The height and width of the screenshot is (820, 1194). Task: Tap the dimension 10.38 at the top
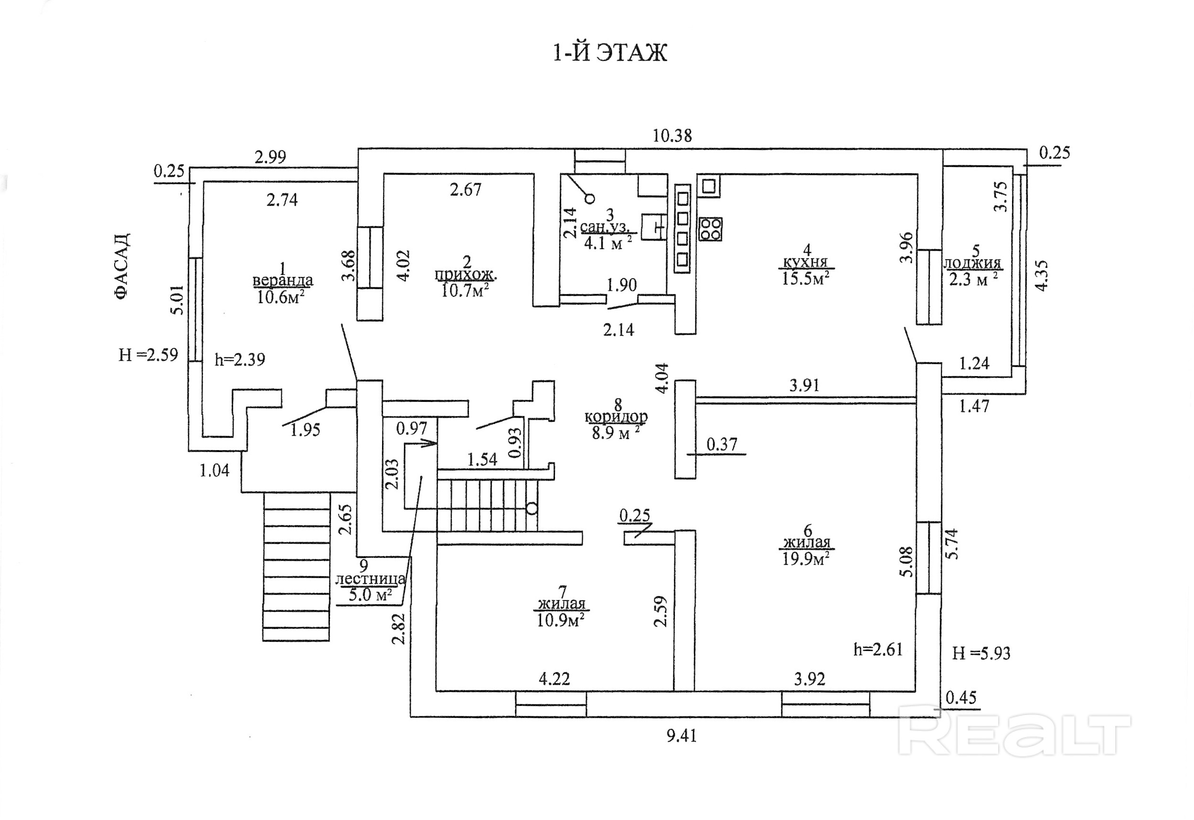pos(672,136)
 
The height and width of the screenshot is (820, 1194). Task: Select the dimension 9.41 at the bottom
pos(682,736)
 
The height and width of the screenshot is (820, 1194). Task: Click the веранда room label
pos(283,281)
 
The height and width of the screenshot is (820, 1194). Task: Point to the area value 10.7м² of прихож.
pos(465,291)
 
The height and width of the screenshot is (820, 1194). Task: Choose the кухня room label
pos(805,263)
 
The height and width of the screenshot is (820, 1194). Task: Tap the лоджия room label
pos(972,263)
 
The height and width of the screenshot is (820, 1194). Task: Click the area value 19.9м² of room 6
pos(805,558)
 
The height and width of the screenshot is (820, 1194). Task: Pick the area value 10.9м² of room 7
pos(560,620)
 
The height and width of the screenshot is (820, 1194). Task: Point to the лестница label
pos(370,579)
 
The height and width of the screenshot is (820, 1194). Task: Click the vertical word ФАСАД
pos(122,266)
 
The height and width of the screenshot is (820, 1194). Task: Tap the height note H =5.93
pos(981,653)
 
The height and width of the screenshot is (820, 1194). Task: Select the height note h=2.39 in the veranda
pos(240,360)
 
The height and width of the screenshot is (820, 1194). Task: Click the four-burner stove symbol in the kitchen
pos(710,229)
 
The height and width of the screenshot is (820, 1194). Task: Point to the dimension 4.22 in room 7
pos(554,679)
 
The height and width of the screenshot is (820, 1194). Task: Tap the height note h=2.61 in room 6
pos(878,650)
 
